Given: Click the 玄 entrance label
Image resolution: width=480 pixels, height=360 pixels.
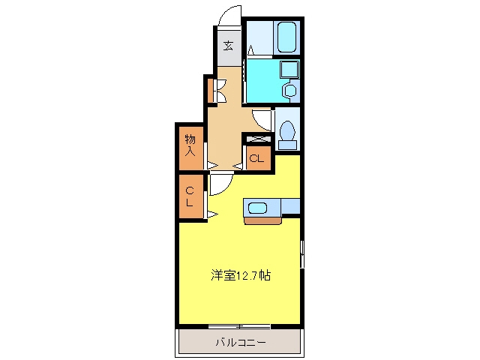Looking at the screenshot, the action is click(228, 46).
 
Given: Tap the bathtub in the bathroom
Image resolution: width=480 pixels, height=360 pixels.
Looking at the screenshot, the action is click(286, 37).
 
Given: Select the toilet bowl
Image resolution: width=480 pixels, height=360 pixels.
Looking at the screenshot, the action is click(287, 130).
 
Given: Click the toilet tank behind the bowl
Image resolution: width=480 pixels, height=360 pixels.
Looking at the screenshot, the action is click(287, 145).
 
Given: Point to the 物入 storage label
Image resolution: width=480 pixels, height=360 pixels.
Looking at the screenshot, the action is click(190, 145).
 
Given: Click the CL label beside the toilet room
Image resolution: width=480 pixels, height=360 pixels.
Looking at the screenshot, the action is click(256, 158).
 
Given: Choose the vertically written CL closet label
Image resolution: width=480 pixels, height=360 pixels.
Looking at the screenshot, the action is click(190, 196).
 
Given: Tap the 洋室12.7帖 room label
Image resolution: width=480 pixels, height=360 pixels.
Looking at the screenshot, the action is click(241, 275).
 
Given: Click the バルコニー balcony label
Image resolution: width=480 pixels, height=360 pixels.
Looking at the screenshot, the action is click(241, 342).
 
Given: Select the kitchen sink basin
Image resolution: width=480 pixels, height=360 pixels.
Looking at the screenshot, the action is click(258, 208).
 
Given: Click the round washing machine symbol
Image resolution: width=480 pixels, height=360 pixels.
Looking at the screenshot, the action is click(289, 90).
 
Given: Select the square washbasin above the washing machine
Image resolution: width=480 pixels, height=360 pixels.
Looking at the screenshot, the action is click(289, 69).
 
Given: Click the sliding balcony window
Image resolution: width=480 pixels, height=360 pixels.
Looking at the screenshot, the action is click(239, 326).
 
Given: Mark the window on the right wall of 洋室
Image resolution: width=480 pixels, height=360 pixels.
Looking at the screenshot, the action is click(302, 253).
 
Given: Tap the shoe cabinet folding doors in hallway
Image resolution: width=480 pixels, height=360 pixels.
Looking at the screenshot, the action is click(221, 91).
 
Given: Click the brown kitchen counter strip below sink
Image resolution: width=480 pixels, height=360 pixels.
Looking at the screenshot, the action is click(263, 220).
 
